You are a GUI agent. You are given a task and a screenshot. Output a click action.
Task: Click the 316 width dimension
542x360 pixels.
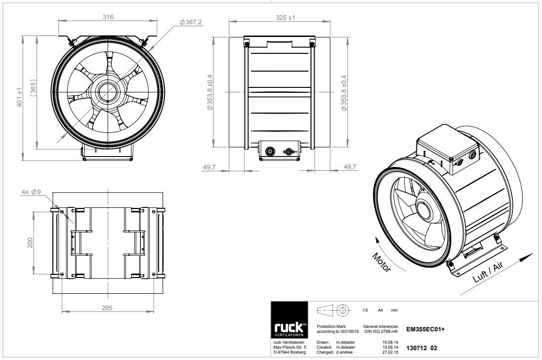[108, 17]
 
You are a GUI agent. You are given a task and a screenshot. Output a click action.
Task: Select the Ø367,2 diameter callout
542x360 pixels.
[190, 22]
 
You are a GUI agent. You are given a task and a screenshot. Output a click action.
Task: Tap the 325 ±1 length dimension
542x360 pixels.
[285, 17]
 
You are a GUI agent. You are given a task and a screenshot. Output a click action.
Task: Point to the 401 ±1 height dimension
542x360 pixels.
[19, 97]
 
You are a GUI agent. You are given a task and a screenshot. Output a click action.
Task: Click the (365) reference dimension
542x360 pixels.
[33, 92]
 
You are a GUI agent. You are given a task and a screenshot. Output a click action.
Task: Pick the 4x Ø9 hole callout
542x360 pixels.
[31, 192]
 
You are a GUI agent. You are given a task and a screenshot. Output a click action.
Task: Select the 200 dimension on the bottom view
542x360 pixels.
[30, 242]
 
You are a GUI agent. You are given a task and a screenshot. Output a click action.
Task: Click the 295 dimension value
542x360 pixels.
[107, 308]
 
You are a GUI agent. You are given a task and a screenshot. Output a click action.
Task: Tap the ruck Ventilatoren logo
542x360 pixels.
[289, 320]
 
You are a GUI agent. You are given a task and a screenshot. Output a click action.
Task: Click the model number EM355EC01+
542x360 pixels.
[425, 329]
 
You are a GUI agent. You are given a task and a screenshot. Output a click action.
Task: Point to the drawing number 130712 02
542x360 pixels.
[421, 348]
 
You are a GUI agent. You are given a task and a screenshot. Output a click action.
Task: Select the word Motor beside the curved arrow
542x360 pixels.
[381, 262]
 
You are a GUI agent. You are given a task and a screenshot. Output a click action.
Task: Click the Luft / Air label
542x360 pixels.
[488, 272]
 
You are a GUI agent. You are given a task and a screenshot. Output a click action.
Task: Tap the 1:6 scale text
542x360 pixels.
[365, 310]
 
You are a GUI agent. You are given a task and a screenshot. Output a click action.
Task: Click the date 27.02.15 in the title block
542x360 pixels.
[390, 353]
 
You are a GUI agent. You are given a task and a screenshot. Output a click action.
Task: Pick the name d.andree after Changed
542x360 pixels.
[344, 353]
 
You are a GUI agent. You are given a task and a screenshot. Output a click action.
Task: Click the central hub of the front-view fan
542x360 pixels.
[108, 92]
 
